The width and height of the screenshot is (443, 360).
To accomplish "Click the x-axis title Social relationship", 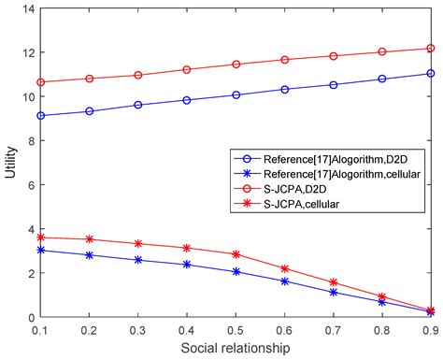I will click(236, 347).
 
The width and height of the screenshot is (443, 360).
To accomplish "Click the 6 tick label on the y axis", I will click(27, 185).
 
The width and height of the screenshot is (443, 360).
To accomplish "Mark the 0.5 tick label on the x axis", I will click(236, 329).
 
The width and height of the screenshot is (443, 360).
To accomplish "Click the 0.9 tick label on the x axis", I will click(430, 329).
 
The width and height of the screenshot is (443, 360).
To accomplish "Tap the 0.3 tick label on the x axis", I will click(138, 329).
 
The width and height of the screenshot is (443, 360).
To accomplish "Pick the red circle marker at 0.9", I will click(430, 48).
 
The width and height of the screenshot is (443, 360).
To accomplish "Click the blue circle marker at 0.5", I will click(236, 94).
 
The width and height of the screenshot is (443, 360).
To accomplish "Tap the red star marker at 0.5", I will click(236, 254).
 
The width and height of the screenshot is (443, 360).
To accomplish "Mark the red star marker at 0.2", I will click(90, 239).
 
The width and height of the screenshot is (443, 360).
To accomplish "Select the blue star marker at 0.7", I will click(333, 293).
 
